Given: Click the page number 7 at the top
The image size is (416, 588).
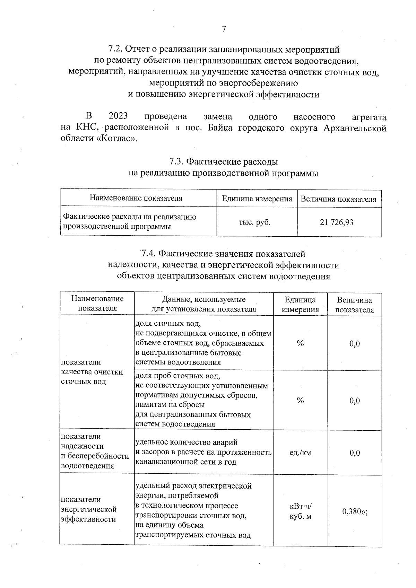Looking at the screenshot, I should [224, 29].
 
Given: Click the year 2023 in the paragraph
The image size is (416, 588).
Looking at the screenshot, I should [118, 116].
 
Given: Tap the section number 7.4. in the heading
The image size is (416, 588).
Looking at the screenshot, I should [148, 254].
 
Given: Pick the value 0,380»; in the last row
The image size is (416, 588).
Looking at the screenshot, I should [354, 511].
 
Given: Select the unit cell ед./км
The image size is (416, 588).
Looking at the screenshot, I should [300, 453].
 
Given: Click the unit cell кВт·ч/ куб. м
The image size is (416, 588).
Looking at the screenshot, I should [300, 511].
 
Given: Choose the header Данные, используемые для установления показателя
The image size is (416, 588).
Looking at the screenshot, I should [204, 304].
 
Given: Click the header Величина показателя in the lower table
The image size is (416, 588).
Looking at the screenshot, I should [354, 305].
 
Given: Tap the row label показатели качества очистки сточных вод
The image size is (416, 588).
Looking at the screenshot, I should [92, 372].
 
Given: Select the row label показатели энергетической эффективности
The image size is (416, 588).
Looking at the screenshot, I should [89, 509].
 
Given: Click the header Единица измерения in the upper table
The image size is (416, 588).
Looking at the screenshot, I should [257, 199].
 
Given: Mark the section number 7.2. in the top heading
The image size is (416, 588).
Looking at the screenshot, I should [115, 49].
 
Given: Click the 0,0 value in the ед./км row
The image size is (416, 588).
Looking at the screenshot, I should [354, 453].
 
